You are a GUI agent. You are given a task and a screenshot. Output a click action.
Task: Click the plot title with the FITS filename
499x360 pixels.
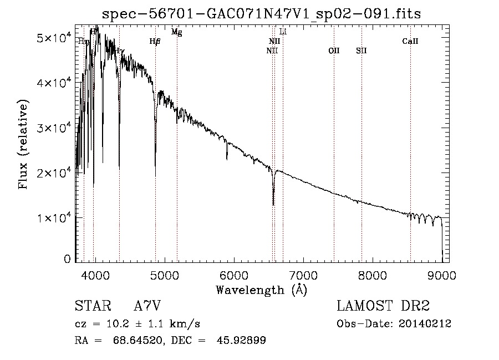(262, 14)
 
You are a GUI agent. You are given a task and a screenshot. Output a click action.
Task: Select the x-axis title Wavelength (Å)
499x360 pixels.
(261, 290)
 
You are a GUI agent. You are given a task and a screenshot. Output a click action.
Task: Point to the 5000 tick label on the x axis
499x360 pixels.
(164, 275)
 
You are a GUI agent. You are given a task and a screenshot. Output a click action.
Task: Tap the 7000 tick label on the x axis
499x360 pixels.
(303, 275)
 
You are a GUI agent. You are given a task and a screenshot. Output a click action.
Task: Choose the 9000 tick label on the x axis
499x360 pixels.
(441, 275)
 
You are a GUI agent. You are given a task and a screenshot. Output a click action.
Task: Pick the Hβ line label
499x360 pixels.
(155, 41)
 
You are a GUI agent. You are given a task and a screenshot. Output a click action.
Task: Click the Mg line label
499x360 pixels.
(176, 32)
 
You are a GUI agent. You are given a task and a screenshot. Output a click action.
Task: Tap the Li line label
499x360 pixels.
(283, 32)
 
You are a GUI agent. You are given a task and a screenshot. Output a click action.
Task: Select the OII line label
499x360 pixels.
(333, 50)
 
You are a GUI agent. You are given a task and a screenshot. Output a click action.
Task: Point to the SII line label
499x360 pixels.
(361, 50)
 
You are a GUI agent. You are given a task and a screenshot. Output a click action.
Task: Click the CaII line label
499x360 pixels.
(410, 41)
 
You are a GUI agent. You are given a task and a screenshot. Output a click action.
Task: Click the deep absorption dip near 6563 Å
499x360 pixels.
(273, 203)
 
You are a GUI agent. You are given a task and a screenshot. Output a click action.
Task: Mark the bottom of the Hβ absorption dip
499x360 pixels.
(155, 175)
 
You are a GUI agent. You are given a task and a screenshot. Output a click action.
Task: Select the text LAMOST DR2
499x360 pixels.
(383, 306)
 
